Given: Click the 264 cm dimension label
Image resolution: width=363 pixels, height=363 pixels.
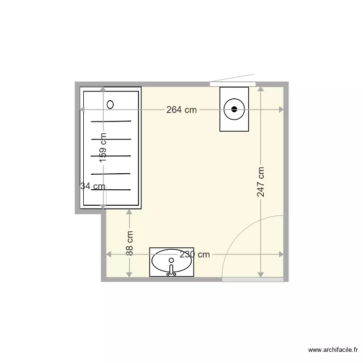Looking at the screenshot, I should tap(181, 110).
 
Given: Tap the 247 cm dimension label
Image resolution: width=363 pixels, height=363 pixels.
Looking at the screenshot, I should tap(261, 182).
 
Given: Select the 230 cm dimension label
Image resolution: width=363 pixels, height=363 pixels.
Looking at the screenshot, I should tap(195, 255).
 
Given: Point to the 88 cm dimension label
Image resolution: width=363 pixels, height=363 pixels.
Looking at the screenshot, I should tap(130, 243).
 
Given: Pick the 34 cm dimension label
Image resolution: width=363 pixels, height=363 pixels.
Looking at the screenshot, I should tap(92, 186).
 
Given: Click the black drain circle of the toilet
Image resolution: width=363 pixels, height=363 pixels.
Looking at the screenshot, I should tap(235, 109).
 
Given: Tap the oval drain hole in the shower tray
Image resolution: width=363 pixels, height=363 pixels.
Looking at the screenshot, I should tap(110, 104).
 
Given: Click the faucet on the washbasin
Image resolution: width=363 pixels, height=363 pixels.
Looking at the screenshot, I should tap(171, 269).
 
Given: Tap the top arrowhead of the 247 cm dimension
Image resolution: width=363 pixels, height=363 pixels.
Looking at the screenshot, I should tap(261, 90).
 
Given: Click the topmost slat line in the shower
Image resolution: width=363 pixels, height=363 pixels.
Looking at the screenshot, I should tap(111, 121).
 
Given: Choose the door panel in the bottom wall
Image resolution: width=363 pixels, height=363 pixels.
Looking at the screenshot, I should tap(252, 279).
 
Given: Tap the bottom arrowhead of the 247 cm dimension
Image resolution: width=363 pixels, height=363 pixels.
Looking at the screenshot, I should tap(261, 274).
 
